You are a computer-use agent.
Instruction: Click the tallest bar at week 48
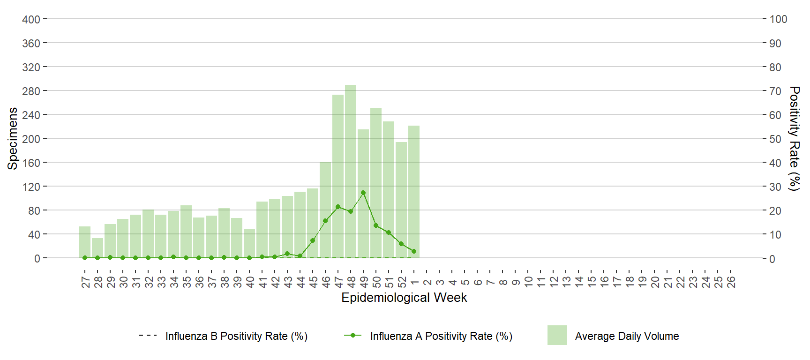351,171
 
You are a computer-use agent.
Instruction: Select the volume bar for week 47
338,176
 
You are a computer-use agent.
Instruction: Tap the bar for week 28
97,248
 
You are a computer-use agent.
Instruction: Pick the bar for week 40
249,243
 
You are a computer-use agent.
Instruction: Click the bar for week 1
414,192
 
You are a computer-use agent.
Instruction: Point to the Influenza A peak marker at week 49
363,193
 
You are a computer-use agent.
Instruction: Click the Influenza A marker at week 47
338,207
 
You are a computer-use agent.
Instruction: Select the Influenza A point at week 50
376,225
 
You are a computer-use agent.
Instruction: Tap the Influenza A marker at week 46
325,221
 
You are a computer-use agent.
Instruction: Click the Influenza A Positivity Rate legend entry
441,336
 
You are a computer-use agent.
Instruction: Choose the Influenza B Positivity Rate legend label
236,336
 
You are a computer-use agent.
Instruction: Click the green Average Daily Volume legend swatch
557,335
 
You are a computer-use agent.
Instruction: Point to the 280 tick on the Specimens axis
31,91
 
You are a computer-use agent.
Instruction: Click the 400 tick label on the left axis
31,19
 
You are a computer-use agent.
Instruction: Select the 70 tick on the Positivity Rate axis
775,91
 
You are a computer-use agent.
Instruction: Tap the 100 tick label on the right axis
778,19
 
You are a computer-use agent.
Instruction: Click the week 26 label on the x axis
731,282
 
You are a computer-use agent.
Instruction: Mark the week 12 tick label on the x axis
554,282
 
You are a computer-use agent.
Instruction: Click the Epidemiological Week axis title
404,298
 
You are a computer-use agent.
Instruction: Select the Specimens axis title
13,138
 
